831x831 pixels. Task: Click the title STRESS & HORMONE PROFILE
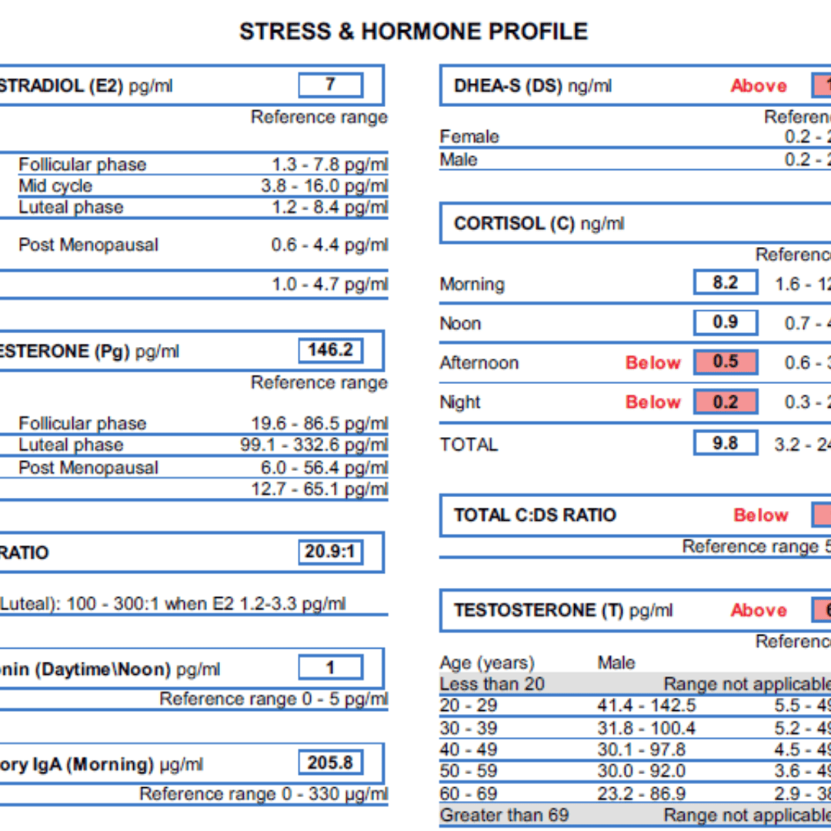click(413, 32)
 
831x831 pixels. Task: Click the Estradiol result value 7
click(330, 85)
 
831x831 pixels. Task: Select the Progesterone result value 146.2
click(330, 351)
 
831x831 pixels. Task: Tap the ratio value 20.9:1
click(330, 552)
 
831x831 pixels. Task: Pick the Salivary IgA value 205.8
click(330, 763)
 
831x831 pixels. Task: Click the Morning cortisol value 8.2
click(725, 282)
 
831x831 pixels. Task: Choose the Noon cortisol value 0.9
click(725, 322)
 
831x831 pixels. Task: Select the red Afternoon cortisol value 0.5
click(725, 362)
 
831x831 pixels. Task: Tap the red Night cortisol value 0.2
click(725, 402)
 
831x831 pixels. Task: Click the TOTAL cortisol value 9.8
click(725, 443)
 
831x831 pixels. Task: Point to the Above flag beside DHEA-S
click(759, 86)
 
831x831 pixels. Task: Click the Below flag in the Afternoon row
click(653, 362)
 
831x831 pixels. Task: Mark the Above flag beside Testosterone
click(759, 611)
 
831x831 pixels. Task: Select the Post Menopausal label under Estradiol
click(88, 245)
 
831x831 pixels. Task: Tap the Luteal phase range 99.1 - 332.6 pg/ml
click(314, 445)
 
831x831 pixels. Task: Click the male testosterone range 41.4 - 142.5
click(646, 706)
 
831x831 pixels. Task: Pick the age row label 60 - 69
click(469, 793)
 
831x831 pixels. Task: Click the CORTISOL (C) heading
click(539, 224)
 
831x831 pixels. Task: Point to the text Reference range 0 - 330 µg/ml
click(263, 794)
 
